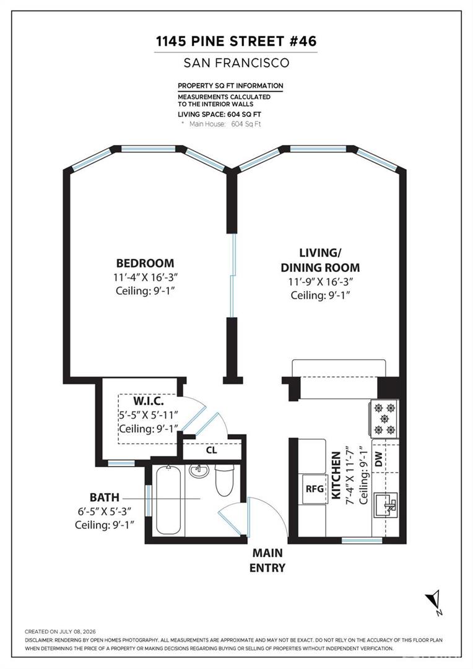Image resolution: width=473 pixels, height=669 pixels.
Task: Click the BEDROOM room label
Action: pos(145,263)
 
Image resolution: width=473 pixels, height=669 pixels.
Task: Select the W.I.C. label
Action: pos(149,401)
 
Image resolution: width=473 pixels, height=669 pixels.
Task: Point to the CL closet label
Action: pos(212,450)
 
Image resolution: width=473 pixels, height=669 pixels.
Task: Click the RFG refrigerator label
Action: pos(315,489)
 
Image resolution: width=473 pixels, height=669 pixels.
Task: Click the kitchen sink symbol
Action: pos(386,505)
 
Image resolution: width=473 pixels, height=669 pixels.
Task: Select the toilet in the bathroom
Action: pos(224,480)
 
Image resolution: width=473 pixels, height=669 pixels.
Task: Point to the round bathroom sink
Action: pos(199,471)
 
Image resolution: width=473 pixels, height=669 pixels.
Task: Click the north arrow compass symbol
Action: pos(434,601)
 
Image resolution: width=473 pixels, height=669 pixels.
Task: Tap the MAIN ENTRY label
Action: pos(267,560)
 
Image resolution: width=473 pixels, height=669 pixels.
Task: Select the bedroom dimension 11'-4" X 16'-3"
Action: pos(145,277)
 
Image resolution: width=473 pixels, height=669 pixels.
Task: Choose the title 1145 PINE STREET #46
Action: pos(236,42)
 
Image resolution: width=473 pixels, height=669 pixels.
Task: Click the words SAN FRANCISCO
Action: pos(236,63)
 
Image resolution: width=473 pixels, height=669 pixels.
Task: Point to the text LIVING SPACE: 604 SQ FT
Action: pos(219,115)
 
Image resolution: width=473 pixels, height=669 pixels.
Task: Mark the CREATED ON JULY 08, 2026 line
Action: pos(60,631)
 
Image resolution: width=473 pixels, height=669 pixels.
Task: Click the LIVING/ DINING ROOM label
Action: pos(320,260)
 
